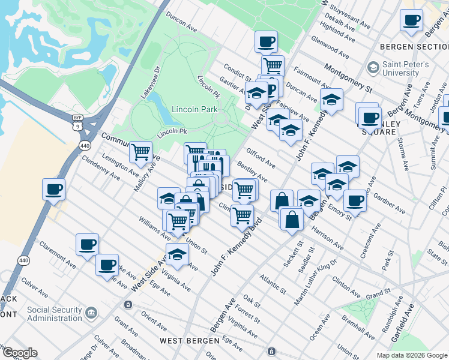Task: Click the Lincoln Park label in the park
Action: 194,110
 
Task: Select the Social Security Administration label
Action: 54,314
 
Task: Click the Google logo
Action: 20,353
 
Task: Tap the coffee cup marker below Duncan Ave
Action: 265,42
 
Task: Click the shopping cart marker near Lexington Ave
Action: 140,152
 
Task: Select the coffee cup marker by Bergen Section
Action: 412,20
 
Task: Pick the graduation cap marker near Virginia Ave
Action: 177,254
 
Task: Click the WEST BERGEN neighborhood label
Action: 190,341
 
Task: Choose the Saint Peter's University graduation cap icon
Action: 374,67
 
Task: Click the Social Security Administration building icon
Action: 91,313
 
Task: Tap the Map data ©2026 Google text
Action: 411,355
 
